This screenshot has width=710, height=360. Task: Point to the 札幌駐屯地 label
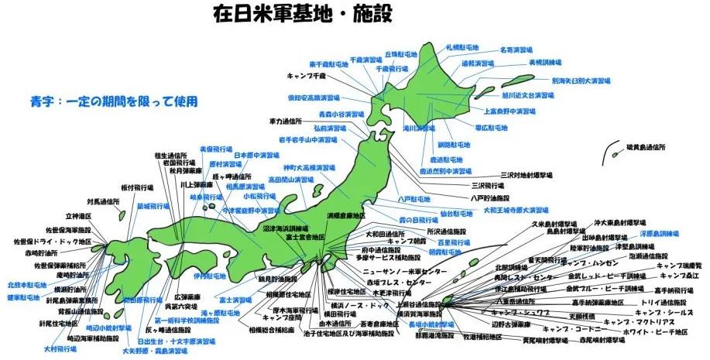462,47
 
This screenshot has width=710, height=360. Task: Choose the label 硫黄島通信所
646,146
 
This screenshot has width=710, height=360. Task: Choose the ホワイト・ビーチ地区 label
656,333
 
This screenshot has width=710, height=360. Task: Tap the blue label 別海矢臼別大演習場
581,80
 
